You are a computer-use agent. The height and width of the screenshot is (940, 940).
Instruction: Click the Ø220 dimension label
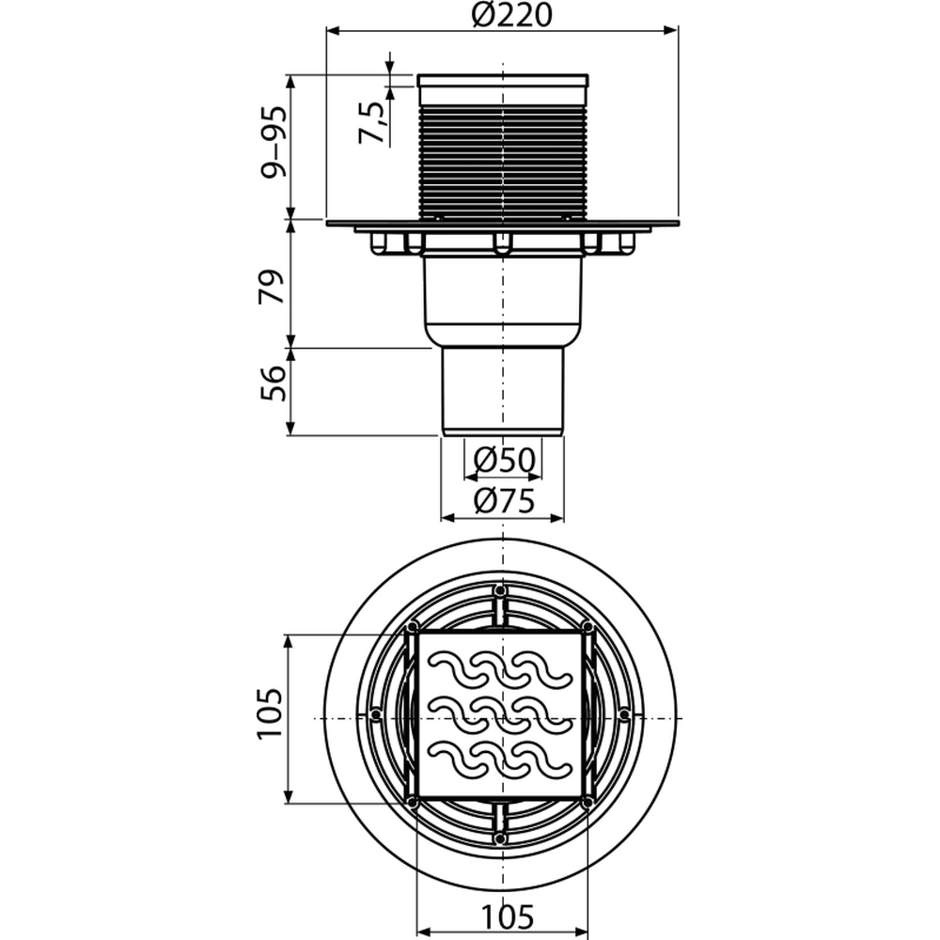click(510, 16)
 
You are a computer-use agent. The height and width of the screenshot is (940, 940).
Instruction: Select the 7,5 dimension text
click(371, 123)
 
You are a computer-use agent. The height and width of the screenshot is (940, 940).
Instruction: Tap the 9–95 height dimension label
click(273, 142)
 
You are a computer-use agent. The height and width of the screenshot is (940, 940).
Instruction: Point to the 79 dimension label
click(271, 287)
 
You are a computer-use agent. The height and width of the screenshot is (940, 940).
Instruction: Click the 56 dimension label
click(273, 384)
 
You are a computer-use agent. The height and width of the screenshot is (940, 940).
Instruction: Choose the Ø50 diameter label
click(504, 460)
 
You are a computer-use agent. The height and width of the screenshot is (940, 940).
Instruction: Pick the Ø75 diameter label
click(504, 501)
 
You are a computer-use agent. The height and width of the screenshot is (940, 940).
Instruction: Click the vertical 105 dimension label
click(270, 714)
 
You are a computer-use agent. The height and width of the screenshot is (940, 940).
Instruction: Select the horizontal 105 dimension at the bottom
click(508, 915)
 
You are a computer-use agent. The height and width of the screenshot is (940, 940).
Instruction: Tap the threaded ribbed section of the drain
click(502, 161)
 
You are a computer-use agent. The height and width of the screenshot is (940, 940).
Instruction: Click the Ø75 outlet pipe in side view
click(503, 391)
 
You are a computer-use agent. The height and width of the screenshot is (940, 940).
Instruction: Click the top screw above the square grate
click(499, 590)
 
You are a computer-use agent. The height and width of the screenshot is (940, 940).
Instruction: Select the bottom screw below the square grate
click(499, 837)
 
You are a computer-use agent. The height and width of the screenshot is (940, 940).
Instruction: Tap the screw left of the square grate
click(376, 714)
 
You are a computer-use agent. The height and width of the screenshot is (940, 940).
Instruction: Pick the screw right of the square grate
click(624, 714)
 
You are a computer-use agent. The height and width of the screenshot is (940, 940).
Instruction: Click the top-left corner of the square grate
click(418, 633)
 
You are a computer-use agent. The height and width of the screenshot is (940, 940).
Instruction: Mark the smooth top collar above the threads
click(502, 90)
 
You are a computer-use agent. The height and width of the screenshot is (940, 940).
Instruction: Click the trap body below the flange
click(502, 300)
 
